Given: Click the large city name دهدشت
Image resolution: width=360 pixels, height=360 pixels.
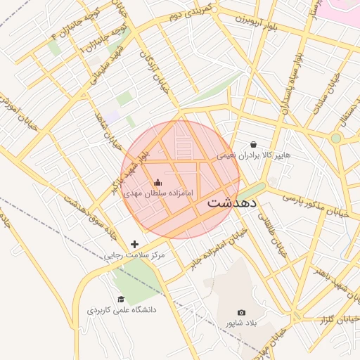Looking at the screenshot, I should point(233,204).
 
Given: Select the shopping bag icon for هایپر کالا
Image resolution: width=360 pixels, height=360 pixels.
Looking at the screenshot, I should point(253,144).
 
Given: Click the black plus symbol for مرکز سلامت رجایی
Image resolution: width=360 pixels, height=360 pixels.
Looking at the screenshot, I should point(135,244).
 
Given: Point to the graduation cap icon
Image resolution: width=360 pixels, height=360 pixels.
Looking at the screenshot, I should point(121,300).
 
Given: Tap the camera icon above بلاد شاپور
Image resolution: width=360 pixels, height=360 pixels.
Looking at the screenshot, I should point(242,312).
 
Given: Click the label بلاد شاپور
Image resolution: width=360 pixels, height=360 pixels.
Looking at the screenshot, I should point(238,323).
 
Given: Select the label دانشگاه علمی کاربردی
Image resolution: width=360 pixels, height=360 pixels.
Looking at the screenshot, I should point(122,310).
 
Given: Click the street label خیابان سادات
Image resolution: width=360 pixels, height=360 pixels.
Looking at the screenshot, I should point(330,91).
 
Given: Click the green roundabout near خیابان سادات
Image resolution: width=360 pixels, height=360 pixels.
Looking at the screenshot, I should point(336,139).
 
